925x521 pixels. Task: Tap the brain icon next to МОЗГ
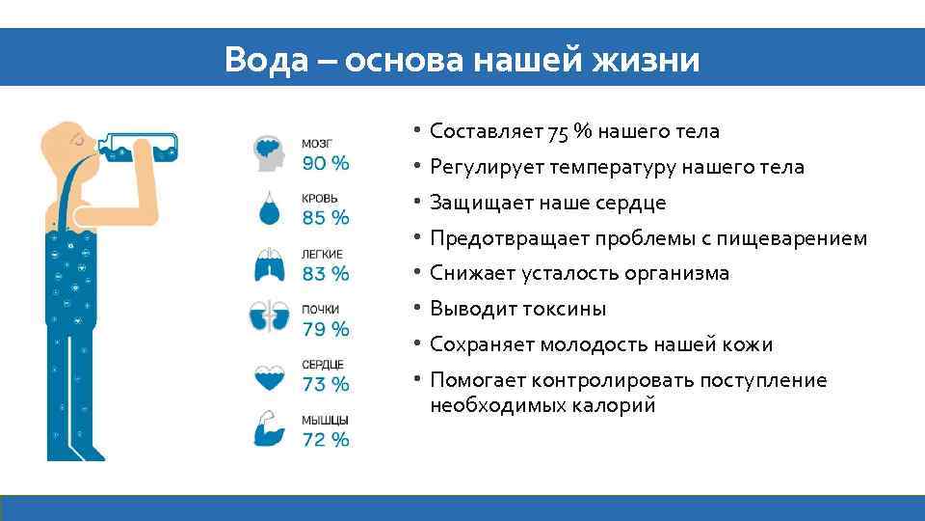271,152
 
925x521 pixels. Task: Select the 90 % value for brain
326,162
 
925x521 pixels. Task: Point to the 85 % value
326,218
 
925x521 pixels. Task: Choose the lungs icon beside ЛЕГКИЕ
271,264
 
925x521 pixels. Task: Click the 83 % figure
326,273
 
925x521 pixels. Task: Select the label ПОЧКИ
320,310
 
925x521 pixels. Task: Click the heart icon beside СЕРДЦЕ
271,375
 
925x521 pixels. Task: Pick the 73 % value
326,384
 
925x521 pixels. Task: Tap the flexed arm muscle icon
271,430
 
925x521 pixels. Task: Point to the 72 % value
326,440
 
